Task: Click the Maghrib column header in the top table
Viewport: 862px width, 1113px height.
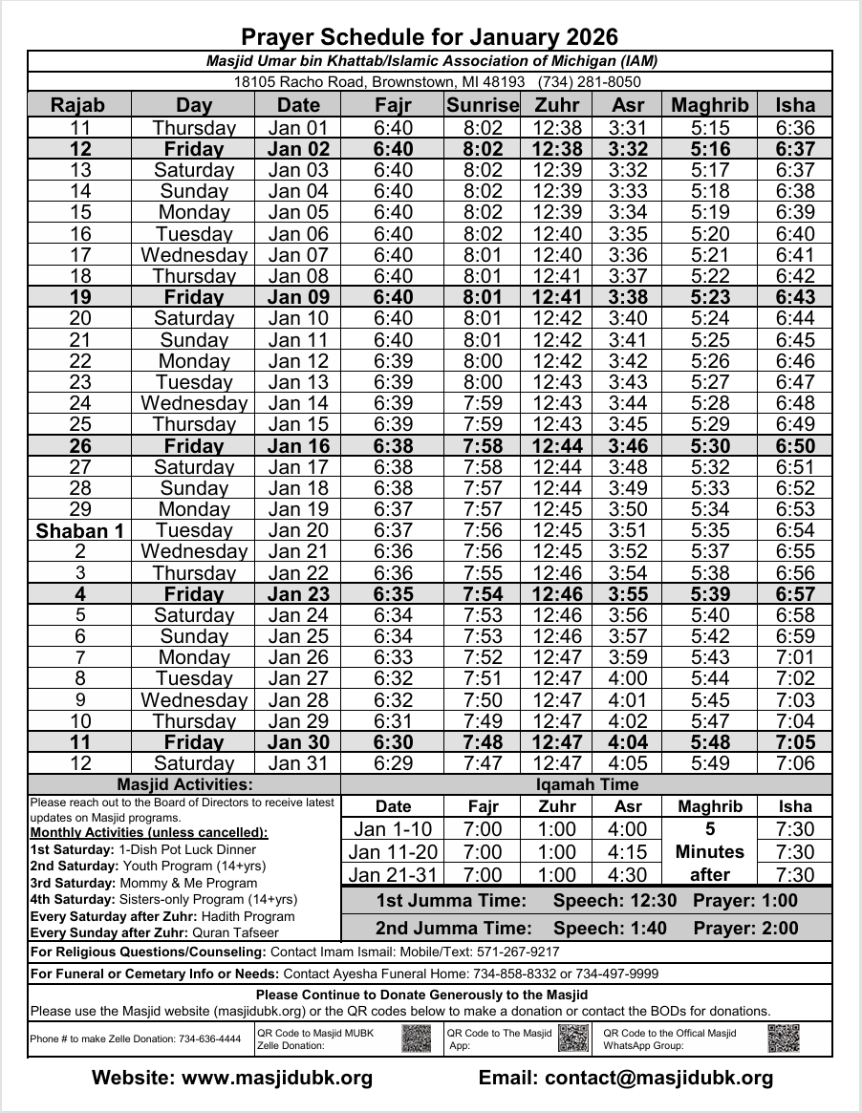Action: (710, 105)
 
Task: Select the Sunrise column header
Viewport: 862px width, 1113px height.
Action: (483, 105)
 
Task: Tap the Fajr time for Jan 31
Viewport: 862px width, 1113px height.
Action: (393, 763)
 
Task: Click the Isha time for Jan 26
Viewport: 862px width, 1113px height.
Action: (795, 657)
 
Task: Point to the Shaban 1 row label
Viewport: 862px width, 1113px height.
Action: (80, 530)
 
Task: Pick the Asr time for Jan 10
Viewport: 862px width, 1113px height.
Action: (628, 318)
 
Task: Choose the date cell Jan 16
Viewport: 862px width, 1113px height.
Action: (298, 445)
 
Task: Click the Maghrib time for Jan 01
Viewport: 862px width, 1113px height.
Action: (710, 128)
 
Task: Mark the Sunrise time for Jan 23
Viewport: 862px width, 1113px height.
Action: (483, 593)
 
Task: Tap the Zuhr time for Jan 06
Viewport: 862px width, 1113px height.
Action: (556, 234)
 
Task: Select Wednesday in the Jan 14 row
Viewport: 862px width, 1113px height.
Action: (194, 403)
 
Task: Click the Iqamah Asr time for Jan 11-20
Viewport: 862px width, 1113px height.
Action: (628, 852)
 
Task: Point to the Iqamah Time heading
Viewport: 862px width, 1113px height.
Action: (586, 784)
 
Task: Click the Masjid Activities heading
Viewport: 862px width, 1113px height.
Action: (184, 784)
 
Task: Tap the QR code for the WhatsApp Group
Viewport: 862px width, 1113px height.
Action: (783, 1038)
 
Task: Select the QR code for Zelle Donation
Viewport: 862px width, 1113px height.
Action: (418, 1038)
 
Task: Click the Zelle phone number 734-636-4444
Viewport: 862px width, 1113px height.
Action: (209, 1039)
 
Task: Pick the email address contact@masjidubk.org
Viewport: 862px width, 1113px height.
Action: (658, 1079)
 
